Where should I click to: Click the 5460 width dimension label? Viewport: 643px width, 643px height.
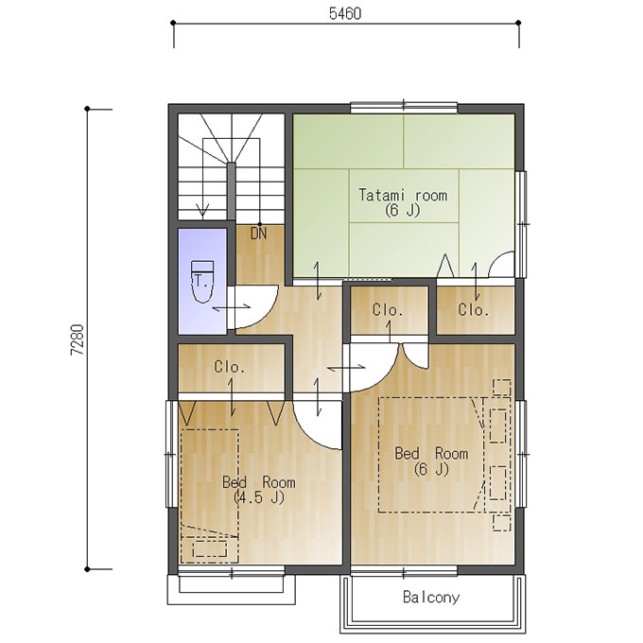pos(345,13)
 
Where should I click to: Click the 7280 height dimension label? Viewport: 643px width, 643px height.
pos(78,339)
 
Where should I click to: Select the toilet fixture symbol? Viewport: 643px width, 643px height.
pos(202,282)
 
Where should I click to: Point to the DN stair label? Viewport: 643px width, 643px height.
pos(258,234)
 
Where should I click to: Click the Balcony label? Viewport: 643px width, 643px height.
pos(431,597)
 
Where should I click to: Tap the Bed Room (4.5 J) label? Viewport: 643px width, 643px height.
pos(259,489)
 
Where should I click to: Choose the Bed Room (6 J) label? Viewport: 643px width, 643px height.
pos(431,461)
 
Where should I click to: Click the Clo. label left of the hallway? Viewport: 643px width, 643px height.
pos(230,367)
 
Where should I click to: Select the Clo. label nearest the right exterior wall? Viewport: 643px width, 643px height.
pos(474,309)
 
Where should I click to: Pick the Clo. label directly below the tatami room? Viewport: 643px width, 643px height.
pos(388,309)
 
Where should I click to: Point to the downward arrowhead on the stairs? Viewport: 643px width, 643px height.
pos(202,210)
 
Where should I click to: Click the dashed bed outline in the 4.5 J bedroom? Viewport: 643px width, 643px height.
pos(210,496)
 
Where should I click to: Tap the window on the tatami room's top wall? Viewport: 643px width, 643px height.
pos(404,107)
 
